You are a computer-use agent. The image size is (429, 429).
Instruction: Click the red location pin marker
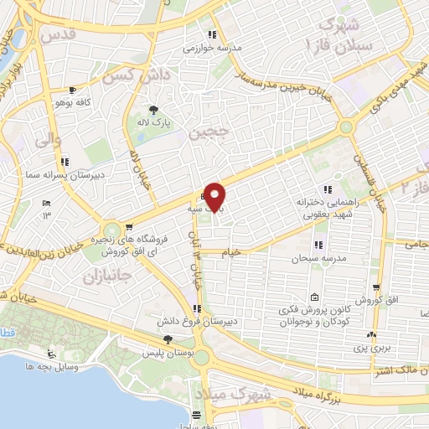[215, 197]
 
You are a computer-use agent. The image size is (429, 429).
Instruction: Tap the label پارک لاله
[154, 122]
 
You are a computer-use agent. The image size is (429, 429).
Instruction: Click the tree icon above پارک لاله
[153, 109]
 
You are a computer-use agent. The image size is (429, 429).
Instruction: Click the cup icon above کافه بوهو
[73, 90]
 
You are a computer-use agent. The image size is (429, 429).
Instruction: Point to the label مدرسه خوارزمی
[213, 47]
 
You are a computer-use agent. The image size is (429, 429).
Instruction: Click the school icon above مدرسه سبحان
[318, 244]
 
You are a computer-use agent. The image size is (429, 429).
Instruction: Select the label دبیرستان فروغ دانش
[190, 321]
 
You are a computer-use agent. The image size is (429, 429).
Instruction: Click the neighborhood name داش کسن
[130, 75]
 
